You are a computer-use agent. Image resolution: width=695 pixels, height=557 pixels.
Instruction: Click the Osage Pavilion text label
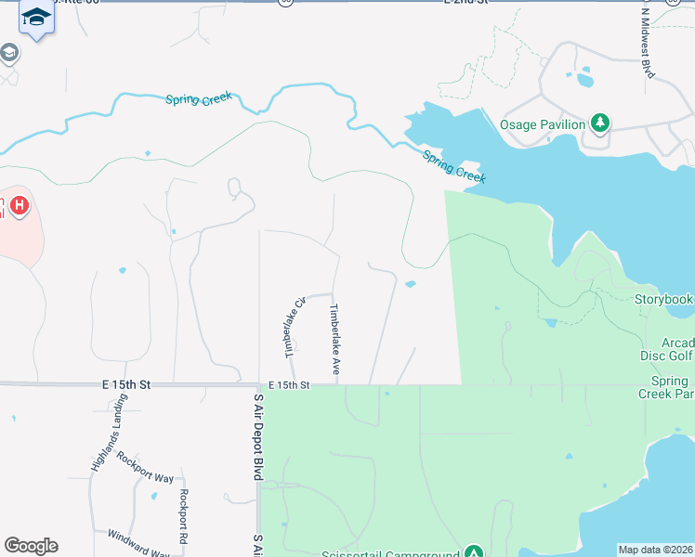pyautogui.click(x=543, y=124)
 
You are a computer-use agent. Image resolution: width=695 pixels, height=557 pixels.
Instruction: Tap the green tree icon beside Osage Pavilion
pyautogui.click(x=601, y=123)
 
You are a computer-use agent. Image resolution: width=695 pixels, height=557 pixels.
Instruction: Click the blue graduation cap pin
pyautogui.click(x=36, y=18)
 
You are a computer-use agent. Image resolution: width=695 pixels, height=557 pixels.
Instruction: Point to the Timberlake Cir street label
pyautogui.click(x=295, y=328)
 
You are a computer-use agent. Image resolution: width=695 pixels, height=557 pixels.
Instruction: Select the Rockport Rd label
pyautogui.click(x=184, y=515)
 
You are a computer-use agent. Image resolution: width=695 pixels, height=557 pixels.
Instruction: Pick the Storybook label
pyautogui.click(x=663, y=300)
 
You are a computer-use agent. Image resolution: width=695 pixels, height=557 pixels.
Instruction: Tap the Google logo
pyautogui.click(x=31, y=546)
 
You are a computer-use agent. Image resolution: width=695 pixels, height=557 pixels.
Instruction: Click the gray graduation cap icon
pyautogui.click(x=8, y=53)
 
